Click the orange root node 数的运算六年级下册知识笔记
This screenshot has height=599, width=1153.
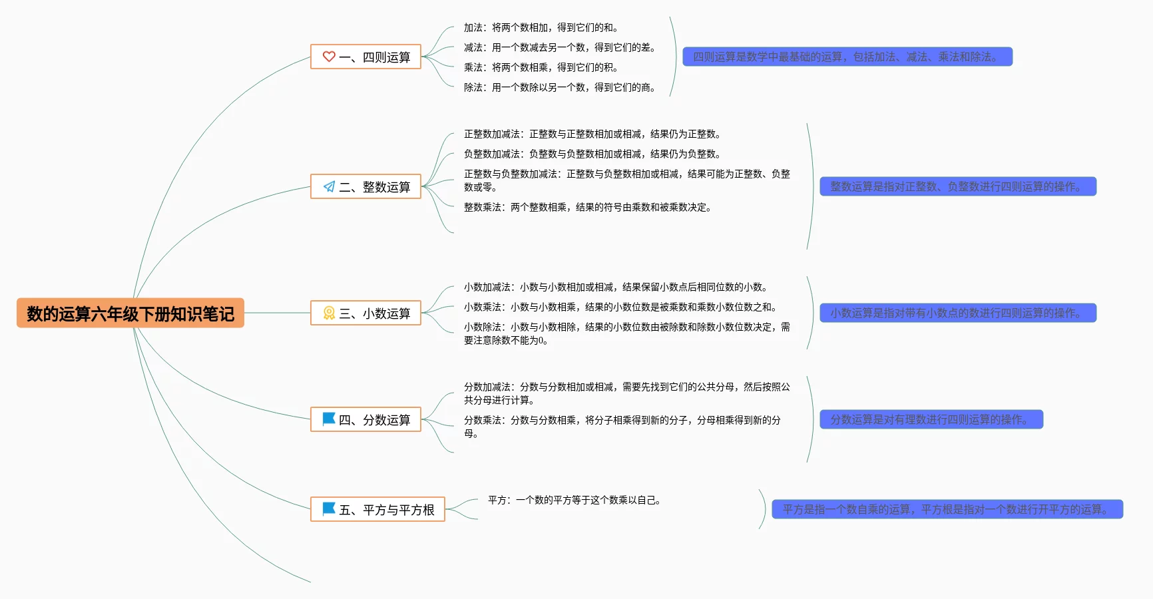(x=130, y=313)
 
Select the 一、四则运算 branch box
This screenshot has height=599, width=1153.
(x=365, y=57)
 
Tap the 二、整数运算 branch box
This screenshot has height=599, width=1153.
(x=365, y=187)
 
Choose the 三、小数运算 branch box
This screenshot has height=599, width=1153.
(x=365, y=313)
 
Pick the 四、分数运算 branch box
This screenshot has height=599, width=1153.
(x=365, y=420)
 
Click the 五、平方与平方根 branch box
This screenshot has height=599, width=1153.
(x=377, y=510)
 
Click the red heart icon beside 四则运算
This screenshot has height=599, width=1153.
(x=329, y=57)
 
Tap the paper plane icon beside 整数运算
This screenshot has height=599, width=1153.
(x=329, y=186)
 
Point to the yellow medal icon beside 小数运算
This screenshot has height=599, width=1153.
(x=329, y=313)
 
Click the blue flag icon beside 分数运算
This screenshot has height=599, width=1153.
(x=329, y=419)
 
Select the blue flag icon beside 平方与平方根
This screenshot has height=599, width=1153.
(x=329, y=508)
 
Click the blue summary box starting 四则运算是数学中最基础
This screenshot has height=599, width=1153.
(x=847, y=57)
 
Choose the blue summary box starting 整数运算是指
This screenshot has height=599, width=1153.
(x=957, y=187)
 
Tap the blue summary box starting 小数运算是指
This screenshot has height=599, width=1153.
(x=957, y=313)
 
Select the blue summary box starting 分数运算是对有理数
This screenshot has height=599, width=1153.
(x=931, y=420)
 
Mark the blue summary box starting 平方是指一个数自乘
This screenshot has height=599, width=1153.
(x=947, y=510)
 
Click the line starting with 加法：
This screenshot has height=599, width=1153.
(x=541, y=28)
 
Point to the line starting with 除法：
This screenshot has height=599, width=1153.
(x=559, y=88)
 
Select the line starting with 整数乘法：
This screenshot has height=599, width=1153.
(x=588, y=208)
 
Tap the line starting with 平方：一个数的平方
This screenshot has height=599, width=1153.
(x=574, y=500)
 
